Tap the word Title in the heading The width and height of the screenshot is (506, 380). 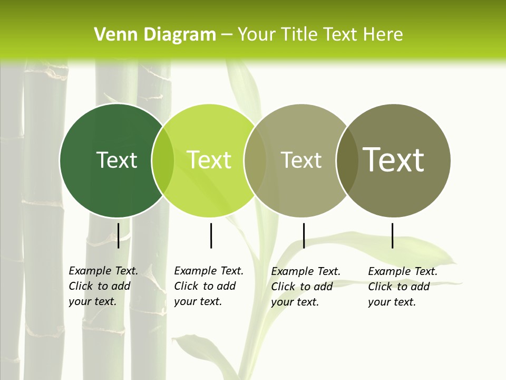coord(299,35)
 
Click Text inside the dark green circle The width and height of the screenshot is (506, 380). coord(116,160)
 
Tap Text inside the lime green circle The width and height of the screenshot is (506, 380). coord(209,160)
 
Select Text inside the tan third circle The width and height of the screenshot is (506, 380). coord(301,160)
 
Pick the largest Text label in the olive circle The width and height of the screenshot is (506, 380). coord(394,160)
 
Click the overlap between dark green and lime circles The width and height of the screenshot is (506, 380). coord(163,160)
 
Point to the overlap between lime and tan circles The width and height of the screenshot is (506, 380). coord(255,160)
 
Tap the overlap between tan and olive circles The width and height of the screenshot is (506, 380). coord(347,160)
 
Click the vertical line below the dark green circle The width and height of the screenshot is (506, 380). coord(119,235)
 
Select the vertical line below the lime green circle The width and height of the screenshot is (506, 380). coord(211,235)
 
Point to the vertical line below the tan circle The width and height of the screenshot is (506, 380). coord(304,235)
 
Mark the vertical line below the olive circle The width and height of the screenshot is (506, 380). coord(393,235)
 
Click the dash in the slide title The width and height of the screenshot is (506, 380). coord(227,35)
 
